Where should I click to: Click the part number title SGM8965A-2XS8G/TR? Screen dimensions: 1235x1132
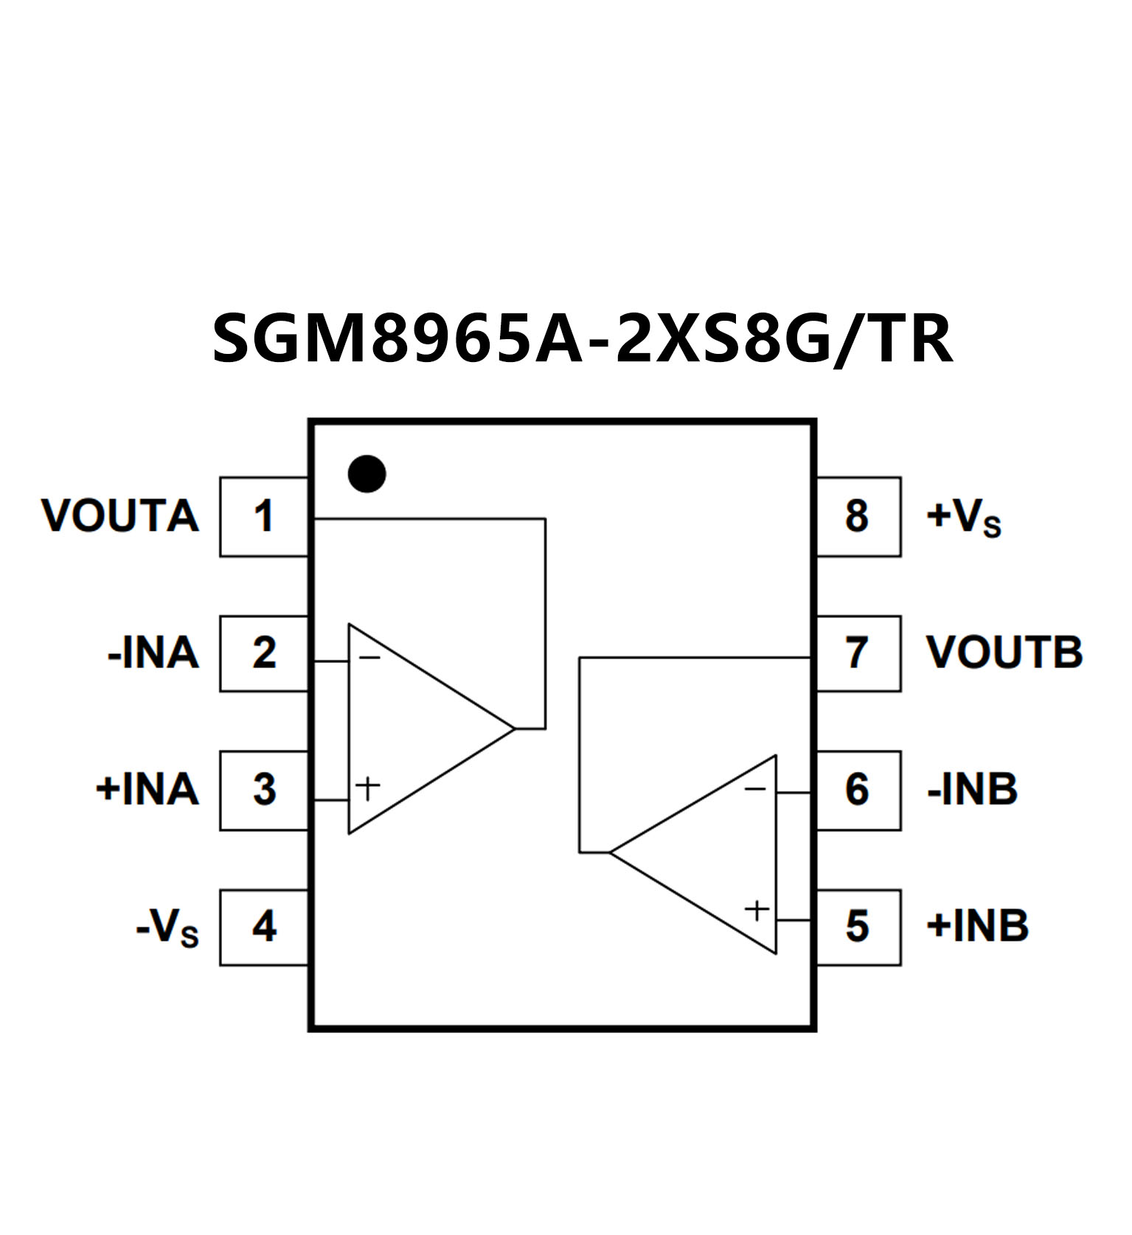point(582,339)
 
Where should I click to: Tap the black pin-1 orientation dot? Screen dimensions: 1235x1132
point(367,473)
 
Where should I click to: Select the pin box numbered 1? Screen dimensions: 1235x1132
point(264,516)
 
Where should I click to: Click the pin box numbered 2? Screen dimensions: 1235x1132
point(264,653)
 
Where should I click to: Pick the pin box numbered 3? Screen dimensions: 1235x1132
point(264,790)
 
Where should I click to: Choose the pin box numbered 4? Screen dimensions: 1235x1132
point(264,927)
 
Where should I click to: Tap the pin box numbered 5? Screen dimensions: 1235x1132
point(858,927)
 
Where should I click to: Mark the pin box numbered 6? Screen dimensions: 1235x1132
point(858,790)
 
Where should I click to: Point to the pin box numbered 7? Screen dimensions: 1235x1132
point(858,653)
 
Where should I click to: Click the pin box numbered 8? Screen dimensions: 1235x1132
point(858,516)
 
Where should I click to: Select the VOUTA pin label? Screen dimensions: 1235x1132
point(120,516)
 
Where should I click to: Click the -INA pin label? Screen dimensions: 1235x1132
point(153,653)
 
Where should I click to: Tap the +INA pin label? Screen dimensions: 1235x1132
point(147,790)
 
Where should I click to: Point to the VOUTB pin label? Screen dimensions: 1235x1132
point(1004,653)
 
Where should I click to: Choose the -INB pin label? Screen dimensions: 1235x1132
point(972,790)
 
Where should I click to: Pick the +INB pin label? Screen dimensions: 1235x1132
point(977,927)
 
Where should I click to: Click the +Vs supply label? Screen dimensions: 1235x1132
point(963,518)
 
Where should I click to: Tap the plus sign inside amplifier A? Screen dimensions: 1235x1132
point(367,788)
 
